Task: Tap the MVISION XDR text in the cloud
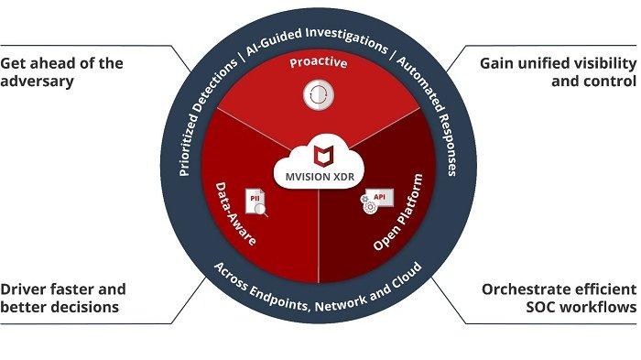coord(320,173)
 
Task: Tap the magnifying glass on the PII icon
coord(262,209)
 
